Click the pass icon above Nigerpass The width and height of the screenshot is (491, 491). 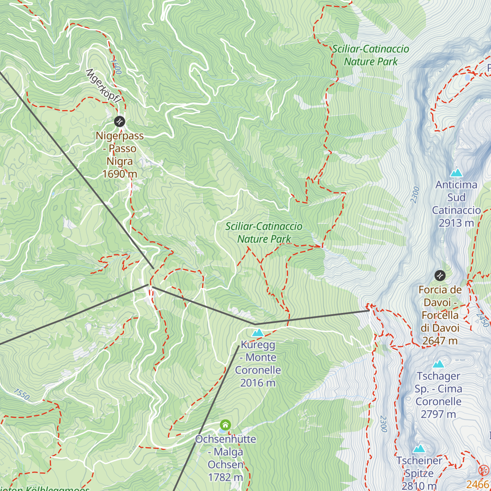click(x=119, y=122)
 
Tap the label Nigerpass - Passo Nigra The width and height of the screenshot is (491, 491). click(x=119, y=148)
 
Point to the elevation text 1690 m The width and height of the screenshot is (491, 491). click(x=119, y=174)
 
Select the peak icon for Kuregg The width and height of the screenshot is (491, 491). click(x=258, y=332)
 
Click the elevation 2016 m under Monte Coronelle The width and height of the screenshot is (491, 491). click(x=258, y=383)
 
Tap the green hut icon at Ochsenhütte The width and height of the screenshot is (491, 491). click(x=225, y=425)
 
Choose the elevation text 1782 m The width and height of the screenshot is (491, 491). click(x=225, y=477)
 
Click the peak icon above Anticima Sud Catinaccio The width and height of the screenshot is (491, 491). click(x=456, y=173)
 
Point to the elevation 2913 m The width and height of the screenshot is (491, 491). click(x=456, y=223)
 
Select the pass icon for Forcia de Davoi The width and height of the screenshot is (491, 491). click(x=440, y=275)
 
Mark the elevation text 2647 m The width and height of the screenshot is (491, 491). click(x=440, y=341)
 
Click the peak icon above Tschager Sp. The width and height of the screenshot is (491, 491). click(x=438, y=364)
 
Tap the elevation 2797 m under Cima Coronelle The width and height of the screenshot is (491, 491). click(x=438, y=414)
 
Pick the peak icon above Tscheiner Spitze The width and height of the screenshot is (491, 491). click(x=419, y=449)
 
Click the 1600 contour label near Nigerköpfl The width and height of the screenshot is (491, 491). click(x=116, y=66)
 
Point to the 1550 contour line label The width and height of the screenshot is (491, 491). click(x=21, y=394)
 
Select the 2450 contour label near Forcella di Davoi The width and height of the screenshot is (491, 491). click(x=482, y=319)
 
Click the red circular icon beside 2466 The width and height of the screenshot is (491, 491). click(x=484, y=470)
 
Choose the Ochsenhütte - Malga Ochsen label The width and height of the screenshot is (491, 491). click(x=225, y=452)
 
